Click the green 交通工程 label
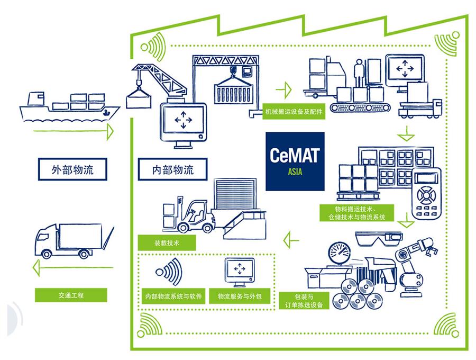point(71,294)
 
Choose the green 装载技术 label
point(167,243)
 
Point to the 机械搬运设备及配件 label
point(294,113)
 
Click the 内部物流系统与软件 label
point(173,296)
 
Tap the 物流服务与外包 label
point(240,296)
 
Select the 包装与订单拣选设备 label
point(304,300)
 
